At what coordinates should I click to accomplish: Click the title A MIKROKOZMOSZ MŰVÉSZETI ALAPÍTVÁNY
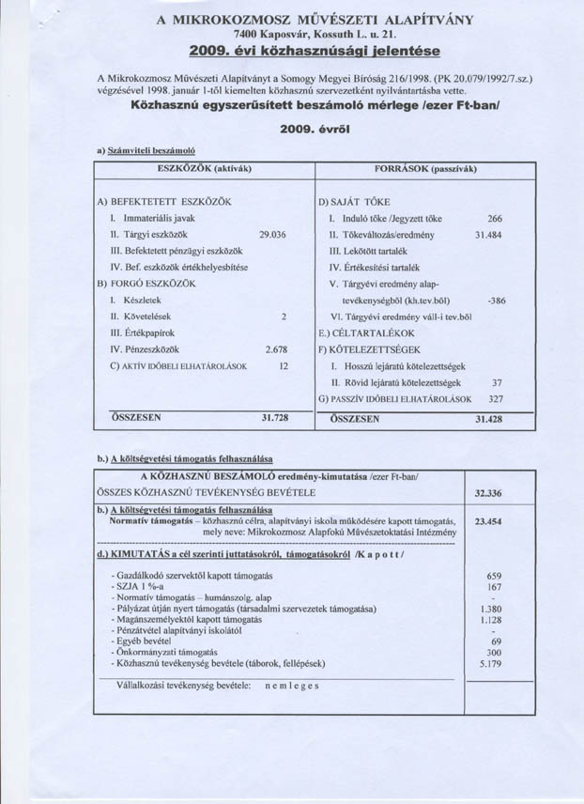(315, 19)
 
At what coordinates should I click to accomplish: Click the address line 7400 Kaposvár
(315, 33)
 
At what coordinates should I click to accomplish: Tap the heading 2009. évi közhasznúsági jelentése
(315, 49)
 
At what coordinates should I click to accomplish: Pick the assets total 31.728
(273, 419)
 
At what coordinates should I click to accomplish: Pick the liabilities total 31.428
(488, 419)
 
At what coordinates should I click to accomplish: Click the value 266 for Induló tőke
(496, 217)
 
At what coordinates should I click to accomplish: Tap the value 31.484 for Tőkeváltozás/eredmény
(490, 234)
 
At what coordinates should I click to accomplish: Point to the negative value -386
(497, 301)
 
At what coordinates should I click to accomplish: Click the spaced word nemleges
(292, 686)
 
